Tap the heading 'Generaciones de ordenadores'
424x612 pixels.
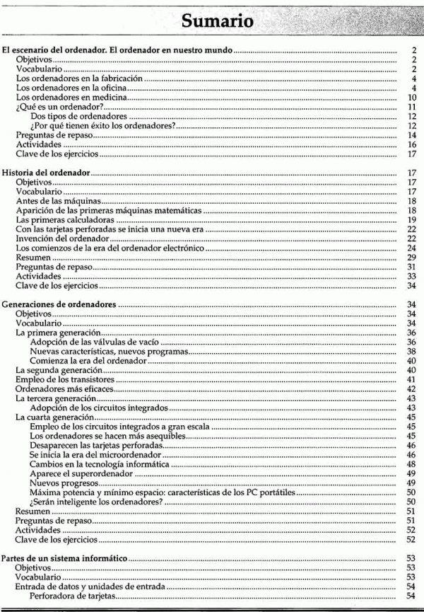click(x=61, y=304)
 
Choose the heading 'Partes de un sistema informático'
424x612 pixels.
click(x=64, y=558)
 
